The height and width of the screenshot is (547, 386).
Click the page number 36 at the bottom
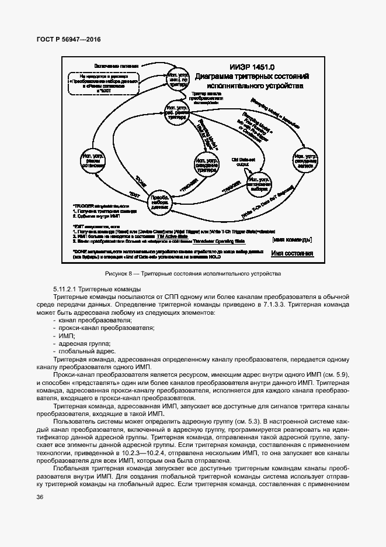(39, 497)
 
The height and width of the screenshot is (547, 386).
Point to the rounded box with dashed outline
(104, 83)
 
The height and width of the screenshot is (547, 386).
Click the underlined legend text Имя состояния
(293, 253)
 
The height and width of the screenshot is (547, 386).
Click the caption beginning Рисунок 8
(193, 274)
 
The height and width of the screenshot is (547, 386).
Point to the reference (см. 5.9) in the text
(335, 374)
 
